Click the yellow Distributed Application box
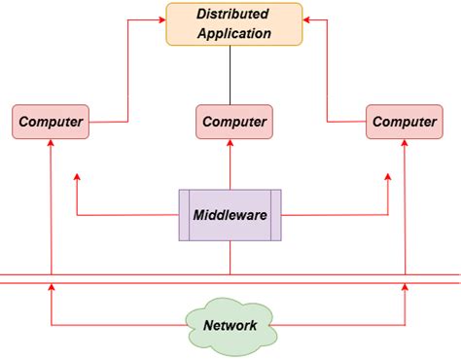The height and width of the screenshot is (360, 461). [x=233, y=23]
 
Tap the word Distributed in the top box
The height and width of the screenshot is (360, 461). [x=233, y=15]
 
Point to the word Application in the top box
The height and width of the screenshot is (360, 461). [x=233, y=33]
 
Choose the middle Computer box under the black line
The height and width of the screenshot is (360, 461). [x=233, y=122]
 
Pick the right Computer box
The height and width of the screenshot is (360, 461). [x=404, y=122]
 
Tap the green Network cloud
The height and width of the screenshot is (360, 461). [x=230, y=325]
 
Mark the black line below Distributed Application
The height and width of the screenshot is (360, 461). [x=230, y=75]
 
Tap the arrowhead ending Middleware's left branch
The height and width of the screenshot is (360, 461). [x=76, y=179]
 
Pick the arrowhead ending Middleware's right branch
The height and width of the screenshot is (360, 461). [x=388, y=179]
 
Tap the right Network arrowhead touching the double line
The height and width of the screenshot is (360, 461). [x=404, y=288]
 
